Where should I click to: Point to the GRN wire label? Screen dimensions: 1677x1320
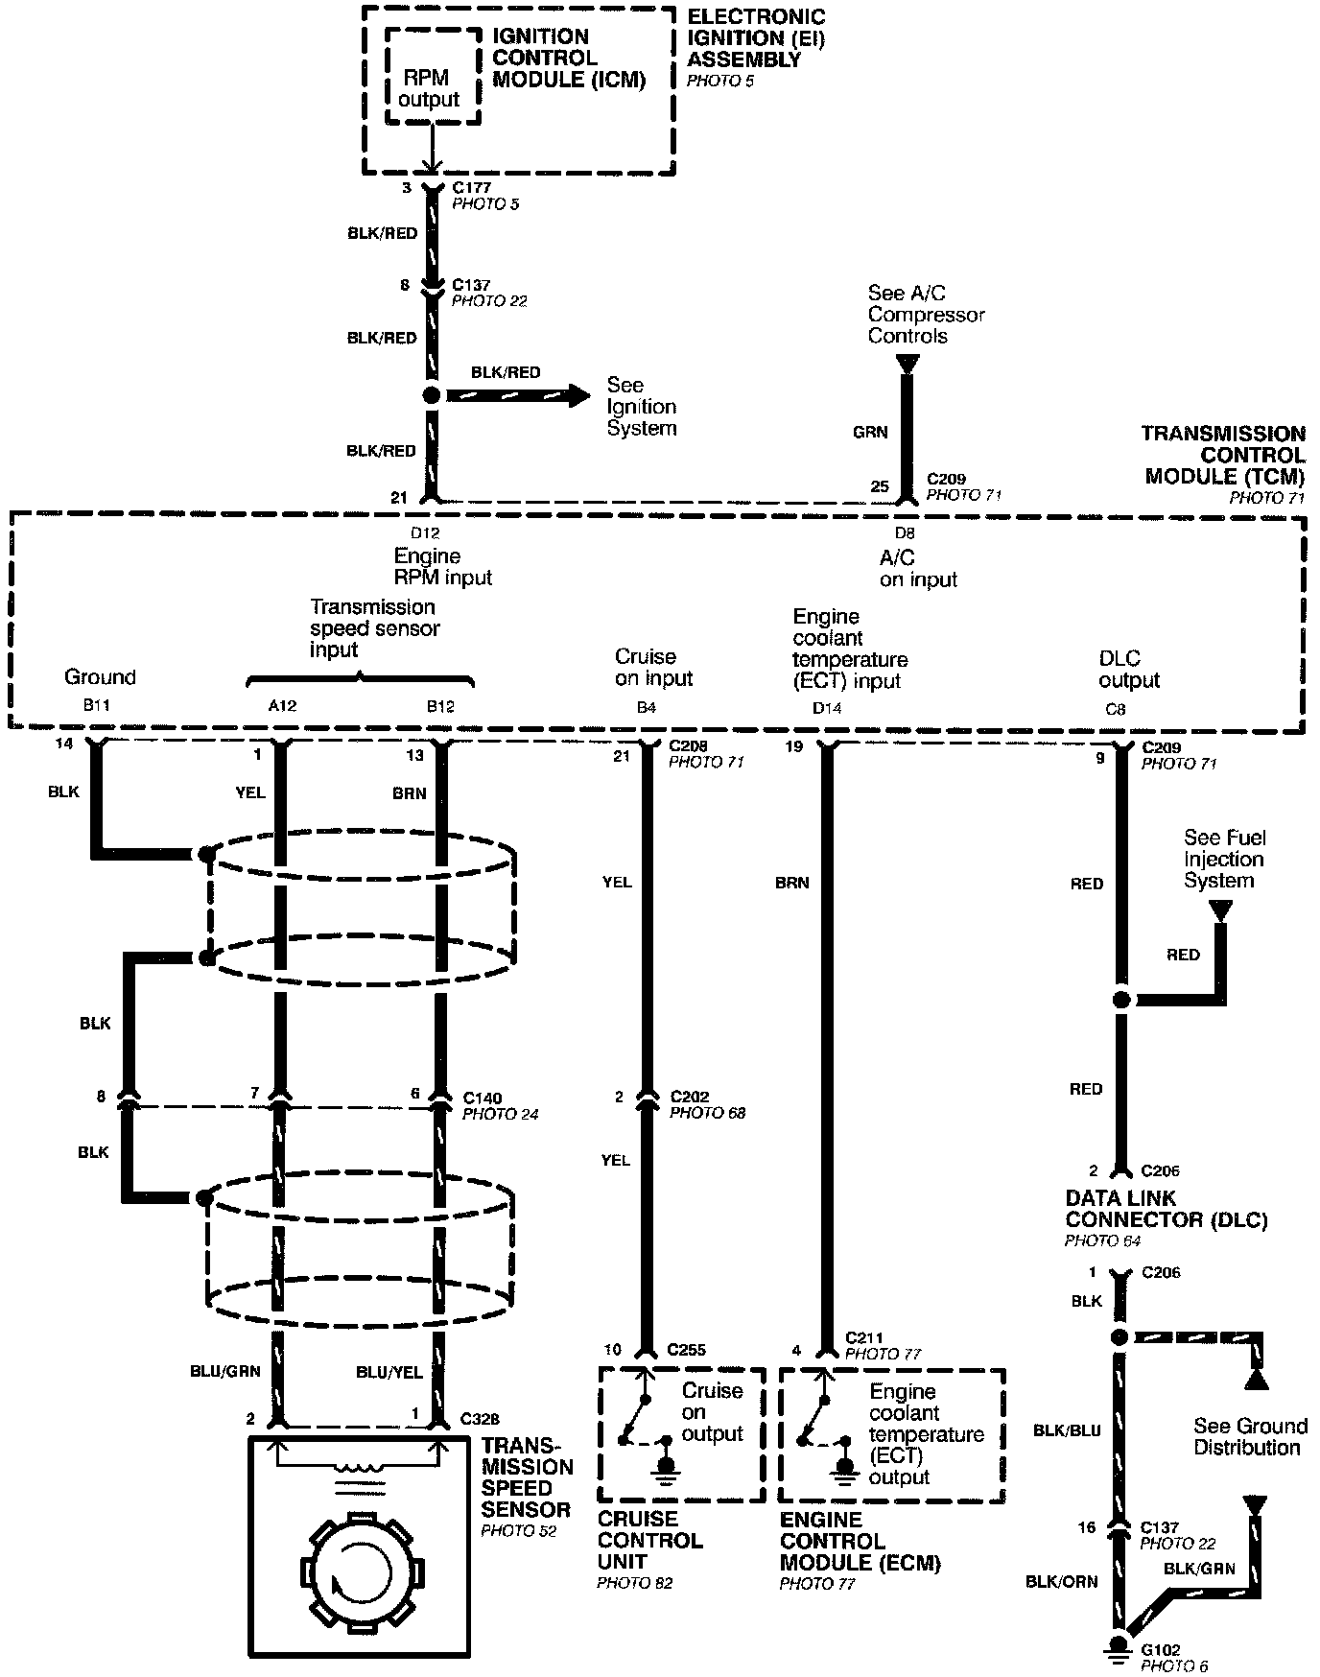[870, 433]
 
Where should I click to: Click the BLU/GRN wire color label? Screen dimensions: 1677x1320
[225, 1371]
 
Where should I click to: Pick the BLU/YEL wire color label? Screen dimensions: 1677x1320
[389, 1372]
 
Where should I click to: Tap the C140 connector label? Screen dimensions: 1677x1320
[483, 1098]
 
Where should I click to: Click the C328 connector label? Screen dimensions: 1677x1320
[480, 1418]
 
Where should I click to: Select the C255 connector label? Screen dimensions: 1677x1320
[687, 1349]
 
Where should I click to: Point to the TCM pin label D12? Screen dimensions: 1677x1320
[425, 532]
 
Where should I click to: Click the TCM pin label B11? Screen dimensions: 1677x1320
[97, 705]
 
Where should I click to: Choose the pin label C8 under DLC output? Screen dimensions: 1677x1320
[1115, 710]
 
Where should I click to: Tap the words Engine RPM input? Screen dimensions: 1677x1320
[442, 567]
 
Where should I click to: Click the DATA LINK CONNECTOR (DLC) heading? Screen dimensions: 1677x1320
[1166, 1209]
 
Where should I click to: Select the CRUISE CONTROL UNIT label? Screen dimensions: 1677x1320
[649, 1540]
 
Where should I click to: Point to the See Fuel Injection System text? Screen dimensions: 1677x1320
[1223, 859]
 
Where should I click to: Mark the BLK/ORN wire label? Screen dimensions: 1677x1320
[1062, 1581]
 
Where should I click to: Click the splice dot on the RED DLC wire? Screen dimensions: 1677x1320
[1120, 1000]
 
